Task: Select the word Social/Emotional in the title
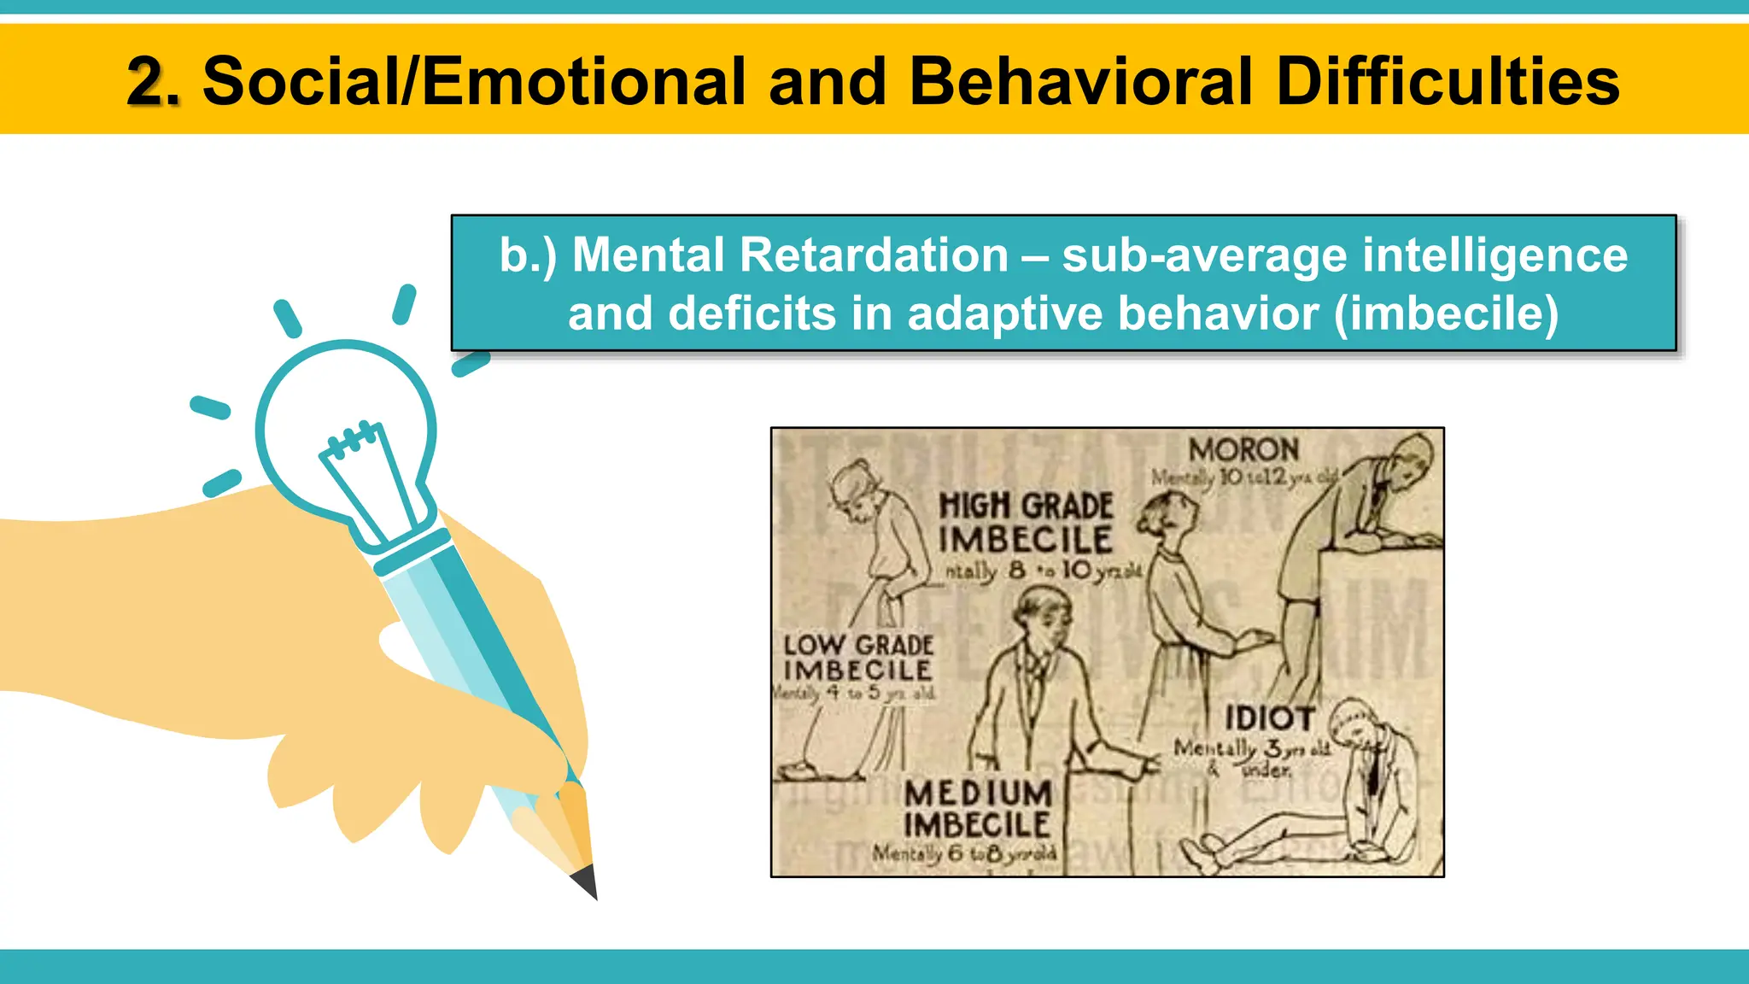tap(474, 82)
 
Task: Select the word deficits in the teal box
tap(752, 313)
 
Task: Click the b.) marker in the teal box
tap(528, 255)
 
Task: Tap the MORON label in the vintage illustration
tap(1243, 449)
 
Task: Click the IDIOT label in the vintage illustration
tap(1269, 718)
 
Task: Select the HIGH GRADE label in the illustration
tap(1026, 506)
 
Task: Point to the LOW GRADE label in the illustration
tap(858, 645)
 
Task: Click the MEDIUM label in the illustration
tap(978, 794)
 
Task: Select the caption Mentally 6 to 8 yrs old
tap(964, 852)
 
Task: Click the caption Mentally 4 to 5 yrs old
tap(854, 693)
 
